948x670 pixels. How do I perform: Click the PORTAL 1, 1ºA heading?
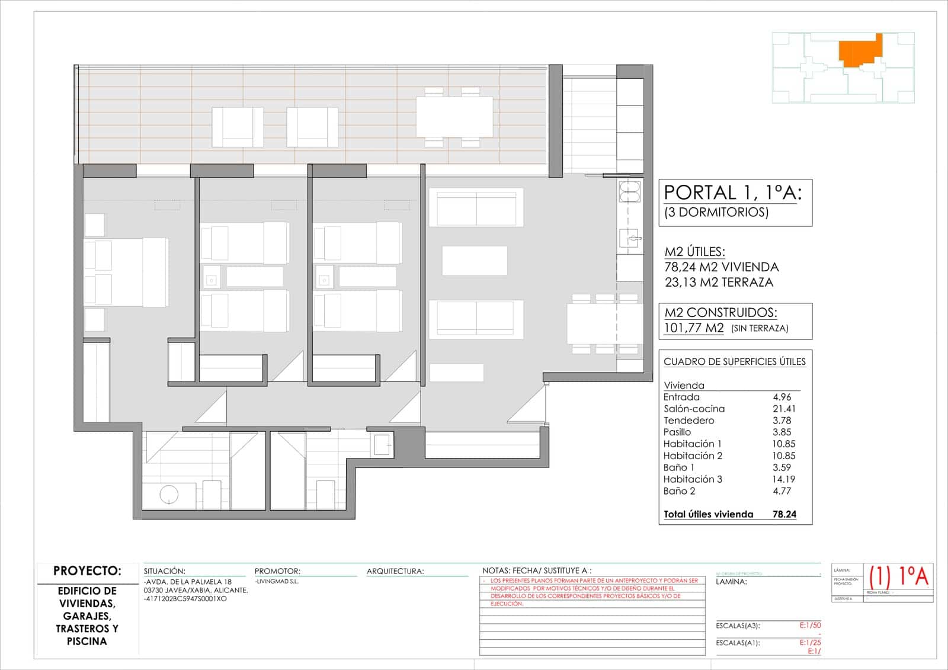[732, 193]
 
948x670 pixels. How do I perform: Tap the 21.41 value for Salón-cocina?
[784, 409]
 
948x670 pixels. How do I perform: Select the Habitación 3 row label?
[693, 479]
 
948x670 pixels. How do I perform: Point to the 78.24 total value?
[784, 514]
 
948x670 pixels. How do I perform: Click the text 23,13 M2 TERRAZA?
[719, 283]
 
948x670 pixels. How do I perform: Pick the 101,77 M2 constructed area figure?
[694, 328]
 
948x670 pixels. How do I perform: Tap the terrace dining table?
[454, 117]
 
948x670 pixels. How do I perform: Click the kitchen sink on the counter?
[629, 239]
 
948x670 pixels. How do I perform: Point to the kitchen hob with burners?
[629, 191]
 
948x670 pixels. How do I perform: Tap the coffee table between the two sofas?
[474, 261]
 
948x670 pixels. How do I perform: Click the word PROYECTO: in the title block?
[87, 571]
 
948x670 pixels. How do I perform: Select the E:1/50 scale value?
[810, 626]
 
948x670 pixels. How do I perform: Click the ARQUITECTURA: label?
[395, 572]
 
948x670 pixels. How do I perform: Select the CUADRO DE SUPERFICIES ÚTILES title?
[734, 361]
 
